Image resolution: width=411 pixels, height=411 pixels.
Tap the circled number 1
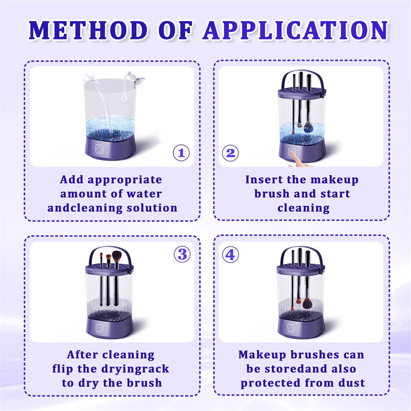[x=181, y=153]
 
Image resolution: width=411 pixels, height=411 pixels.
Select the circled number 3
[x=181, y=254]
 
